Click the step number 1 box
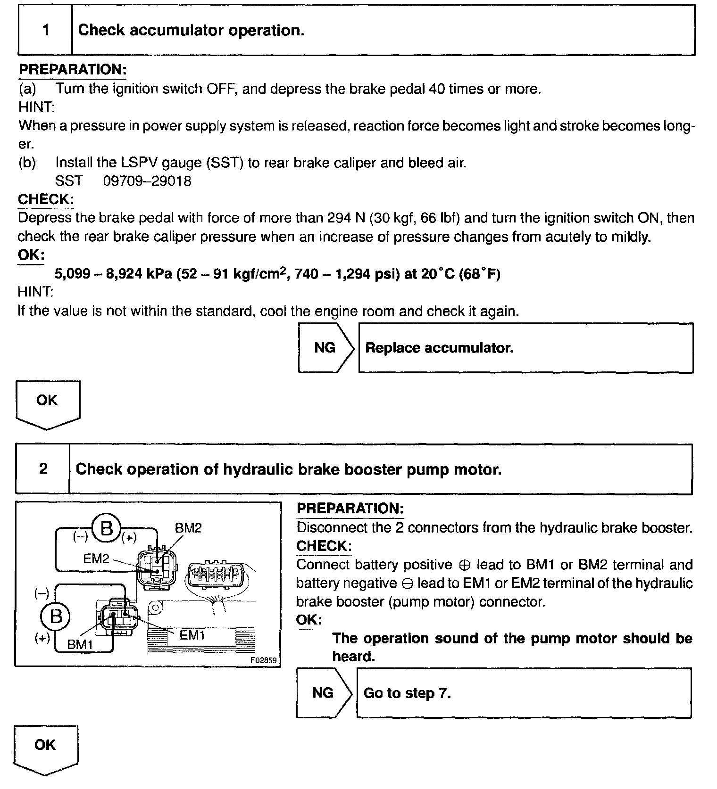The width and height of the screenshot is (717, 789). (45, 31)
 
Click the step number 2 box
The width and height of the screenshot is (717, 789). (43, 469)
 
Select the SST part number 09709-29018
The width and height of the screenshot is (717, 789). (147, 181)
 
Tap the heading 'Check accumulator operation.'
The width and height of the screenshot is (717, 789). (191, 31)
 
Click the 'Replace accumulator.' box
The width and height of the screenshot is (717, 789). (525, 348)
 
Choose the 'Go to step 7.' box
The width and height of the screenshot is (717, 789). (524, 693)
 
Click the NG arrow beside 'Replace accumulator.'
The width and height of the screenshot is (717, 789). (325, 348)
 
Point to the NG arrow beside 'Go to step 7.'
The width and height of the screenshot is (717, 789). (323, 693)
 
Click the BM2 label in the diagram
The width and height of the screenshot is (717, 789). (188, 528)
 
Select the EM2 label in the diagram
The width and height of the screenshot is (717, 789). (96, 559)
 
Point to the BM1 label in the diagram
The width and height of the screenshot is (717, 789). (80, 644)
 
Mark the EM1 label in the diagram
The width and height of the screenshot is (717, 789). (192, 634)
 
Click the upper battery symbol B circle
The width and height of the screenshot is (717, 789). (107, 528)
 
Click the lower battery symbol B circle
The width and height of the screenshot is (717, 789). (56, 616)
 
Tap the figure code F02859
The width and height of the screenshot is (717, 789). (264, 660)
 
